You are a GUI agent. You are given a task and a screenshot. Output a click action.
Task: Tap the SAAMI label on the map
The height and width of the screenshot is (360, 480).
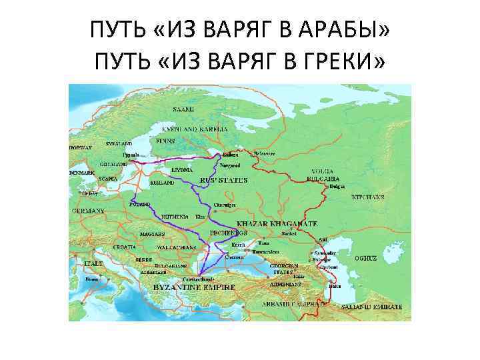(183, 108)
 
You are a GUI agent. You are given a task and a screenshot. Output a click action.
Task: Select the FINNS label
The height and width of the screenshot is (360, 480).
(165, 141)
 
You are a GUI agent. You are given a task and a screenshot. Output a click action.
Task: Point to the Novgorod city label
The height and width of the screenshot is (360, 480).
(230, 165)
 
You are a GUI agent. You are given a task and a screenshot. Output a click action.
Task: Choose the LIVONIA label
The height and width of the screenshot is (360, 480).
(182, 170)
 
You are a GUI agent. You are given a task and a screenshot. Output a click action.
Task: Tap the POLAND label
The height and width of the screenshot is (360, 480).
(141, 203)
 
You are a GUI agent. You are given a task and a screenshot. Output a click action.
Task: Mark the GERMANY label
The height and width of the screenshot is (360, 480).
(89, 210)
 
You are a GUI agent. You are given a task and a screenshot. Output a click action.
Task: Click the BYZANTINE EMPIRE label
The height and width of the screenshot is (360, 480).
(195, 287)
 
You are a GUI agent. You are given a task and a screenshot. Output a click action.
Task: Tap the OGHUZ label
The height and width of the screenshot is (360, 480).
(366, 257)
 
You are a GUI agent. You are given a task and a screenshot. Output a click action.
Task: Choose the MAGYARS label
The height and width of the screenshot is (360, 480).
(153, 235)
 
